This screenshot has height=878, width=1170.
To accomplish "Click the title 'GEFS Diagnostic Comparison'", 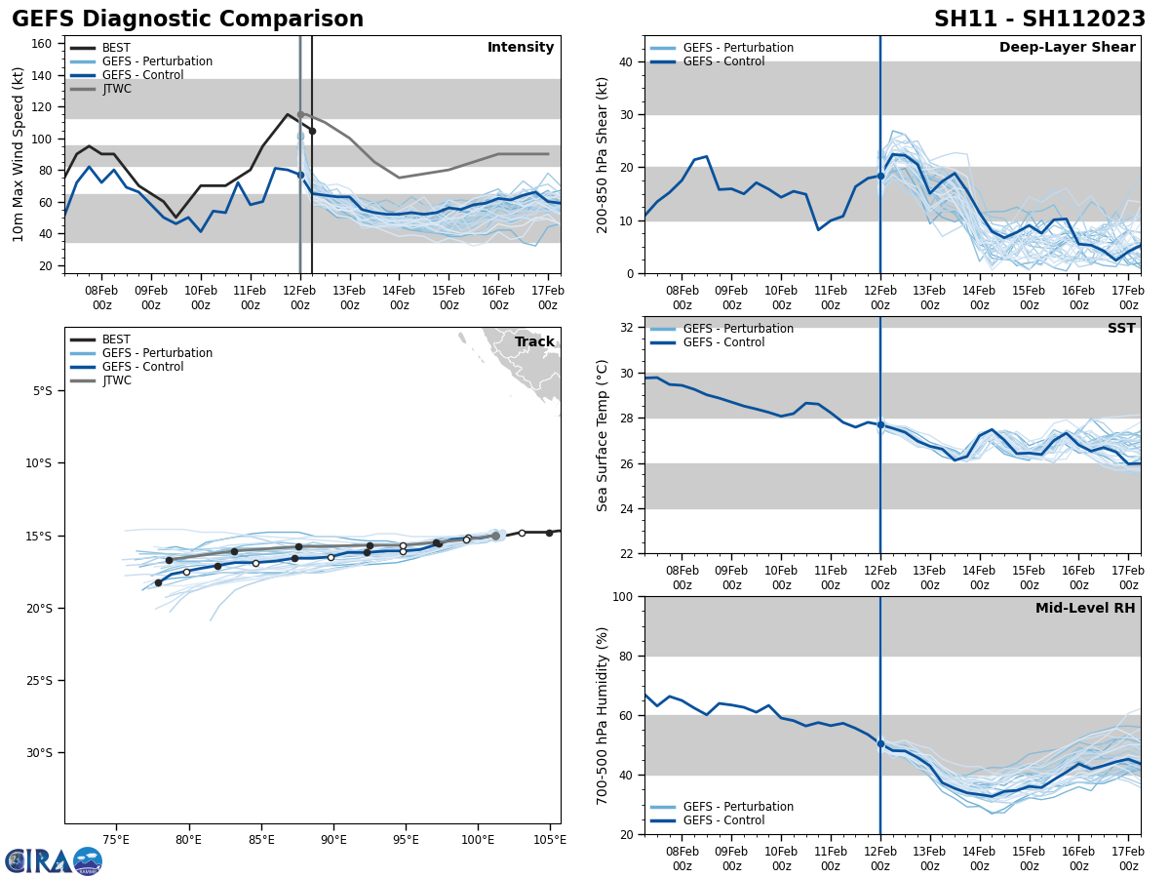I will tap(187, 20).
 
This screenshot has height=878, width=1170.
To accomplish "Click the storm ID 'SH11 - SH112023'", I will tap(1039, 20).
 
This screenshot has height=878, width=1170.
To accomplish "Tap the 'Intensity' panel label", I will tap(521, 48).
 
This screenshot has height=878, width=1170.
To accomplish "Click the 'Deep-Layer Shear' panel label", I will tap(1067, 48).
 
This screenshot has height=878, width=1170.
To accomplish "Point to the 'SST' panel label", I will tap(1120, 329).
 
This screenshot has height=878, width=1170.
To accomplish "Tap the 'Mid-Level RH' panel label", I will tap(1085, 609).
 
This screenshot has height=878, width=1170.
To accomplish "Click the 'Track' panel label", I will tap(534, 342).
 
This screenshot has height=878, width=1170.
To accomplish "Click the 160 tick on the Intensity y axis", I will tap(43, 44).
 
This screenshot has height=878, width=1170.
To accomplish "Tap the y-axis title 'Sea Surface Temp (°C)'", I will tap(604, 435).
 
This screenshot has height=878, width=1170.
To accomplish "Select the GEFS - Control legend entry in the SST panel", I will tap(723, 342).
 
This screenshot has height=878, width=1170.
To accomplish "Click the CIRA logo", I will tap(54, 860).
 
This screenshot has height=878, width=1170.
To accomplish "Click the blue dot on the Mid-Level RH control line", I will tap(880, 743).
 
